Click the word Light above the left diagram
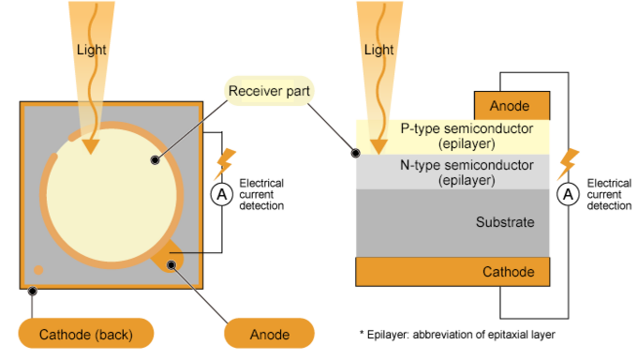pos(92,50)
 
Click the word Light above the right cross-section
pos(378,50)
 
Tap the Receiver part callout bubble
pos(271,91)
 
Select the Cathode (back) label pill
pos(86,334)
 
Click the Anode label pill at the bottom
pos(270,334)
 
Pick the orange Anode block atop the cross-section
pos(512,106)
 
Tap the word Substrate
pos(505,223)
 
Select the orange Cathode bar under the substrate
pos(453,272)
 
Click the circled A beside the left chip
pos(222,195)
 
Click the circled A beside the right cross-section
pos(568,195)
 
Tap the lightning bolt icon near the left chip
pos(225,163)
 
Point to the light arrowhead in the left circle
pos(90,145)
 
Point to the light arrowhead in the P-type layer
pos(378,145)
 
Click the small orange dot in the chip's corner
pos(38,271)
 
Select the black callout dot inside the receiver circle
pos(155,160)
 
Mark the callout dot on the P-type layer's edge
pos(356,154)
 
